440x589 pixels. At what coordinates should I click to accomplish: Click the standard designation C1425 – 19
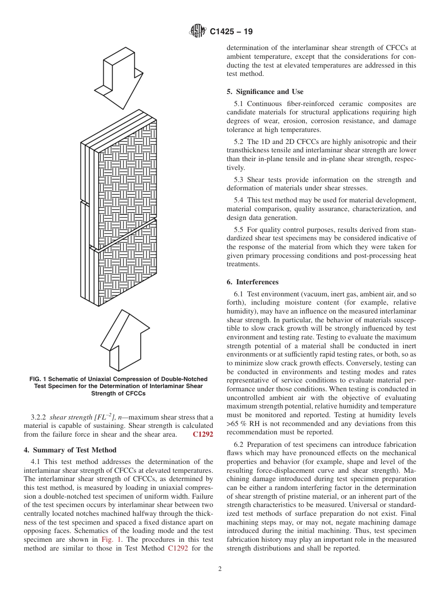pyautogui.click(x=231, y=32)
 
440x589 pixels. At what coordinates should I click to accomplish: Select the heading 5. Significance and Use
pyautogui.click(x=265, y=92)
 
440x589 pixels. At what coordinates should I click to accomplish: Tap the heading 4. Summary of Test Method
pyautogui.click(x=70, y=450)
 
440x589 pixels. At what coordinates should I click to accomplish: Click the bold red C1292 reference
pyautogui.click(x=203, y=434)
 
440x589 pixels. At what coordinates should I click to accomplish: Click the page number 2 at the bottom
pyautogui.click(x=220, y=569)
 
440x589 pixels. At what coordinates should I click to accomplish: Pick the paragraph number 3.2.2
pyautogui.click(x=38, y=417)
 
